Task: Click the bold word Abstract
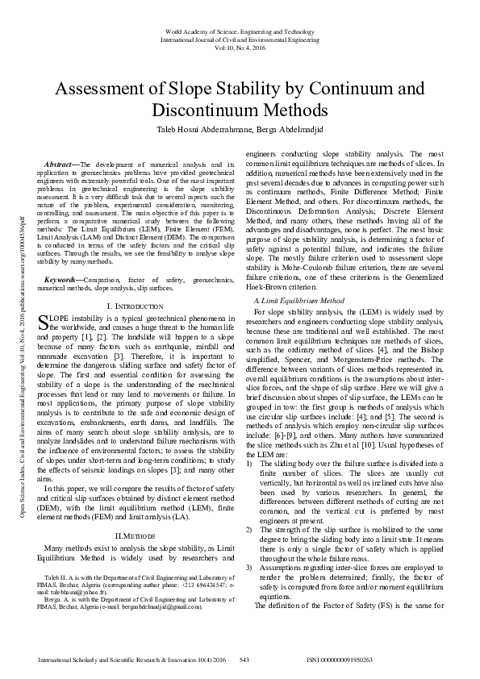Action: pyautogui.click(x=63, y=164)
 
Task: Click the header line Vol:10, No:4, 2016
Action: pyautogui.click(x=240, y=47)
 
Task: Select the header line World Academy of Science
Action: pyautogui.click(x=240, y=31)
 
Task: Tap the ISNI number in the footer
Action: pyautogui.click(x=339, y=659)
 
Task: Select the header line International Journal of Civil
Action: pyautogui.click(x=240, y=39)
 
